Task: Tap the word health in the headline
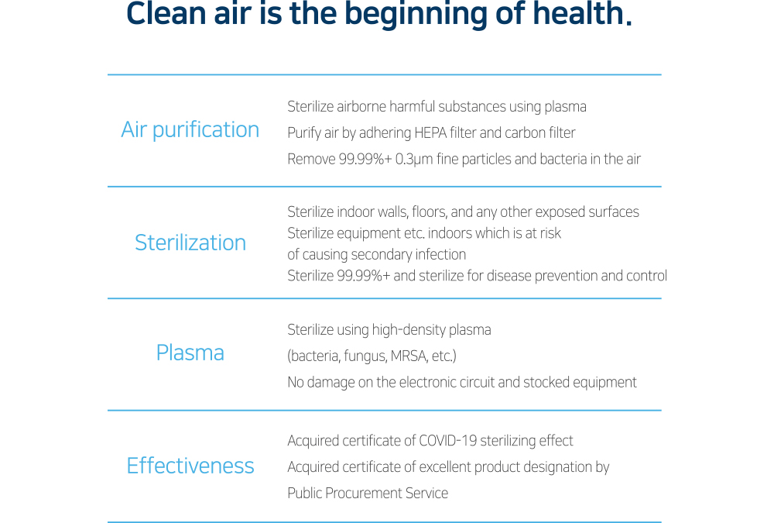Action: tap(578, 13)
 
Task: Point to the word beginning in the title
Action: tap(416, 15)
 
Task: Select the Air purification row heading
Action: tap(190, 130)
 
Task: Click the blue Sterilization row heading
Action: tap(190, 243)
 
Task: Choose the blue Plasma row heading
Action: tap(190, 353)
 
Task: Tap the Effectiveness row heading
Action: tap(190, 466)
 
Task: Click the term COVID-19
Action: tap(447, 440)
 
